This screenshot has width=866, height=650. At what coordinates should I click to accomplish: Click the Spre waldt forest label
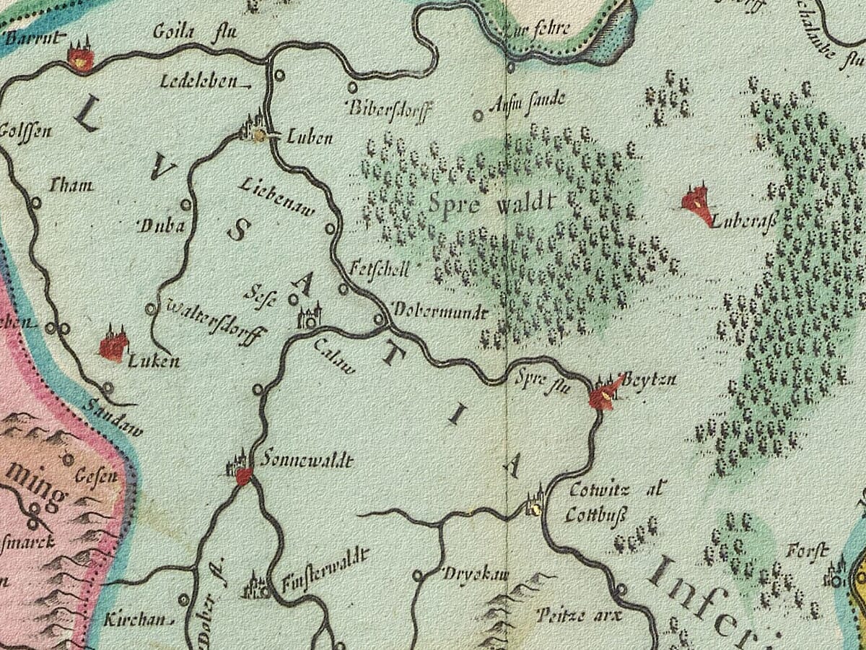[493, 204]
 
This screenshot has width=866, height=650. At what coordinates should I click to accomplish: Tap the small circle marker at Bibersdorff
[352, 87]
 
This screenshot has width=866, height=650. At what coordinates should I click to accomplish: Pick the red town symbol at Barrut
[80, 56]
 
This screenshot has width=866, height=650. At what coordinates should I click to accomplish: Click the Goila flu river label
[195, 32]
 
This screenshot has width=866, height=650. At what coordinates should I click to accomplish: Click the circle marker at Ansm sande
[478, 116]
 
